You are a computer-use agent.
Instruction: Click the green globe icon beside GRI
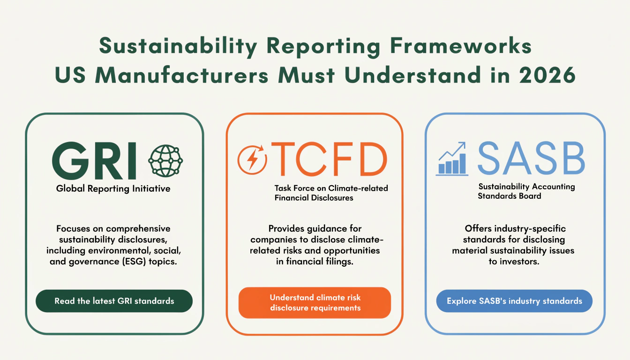[x=165, y=161]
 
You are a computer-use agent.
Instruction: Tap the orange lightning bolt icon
[x=252, y=159]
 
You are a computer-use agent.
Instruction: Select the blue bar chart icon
[x=452, y=159]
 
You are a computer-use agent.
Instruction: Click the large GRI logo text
[x=94, y=161]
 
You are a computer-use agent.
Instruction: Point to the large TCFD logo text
[x=329, y=159]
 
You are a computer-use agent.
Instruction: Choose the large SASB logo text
[x=531, y=158]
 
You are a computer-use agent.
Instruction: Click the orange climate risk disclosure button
[x=315, y=303]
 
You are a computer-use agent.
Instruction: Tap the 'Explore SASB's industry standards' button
[x=514, y=301]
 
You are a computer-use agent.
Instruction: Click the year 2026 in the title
[x=547, y=75]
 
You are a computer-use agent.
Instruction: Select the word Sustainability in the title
[x=178, y=46]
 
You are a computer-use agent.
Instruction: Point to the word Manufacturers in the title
[x=182, y=75]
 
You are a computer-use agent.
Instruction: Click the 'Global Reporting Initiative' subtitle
[x=113, y=188]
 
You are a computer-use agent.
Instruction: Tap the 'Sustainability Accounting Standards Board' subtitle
[x=526, y=191]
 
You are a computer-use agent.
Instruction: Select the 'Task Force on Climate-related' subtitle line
[x=331, y=188]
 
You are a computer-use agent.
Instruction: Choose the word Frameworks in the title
[x=461, y=45]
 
